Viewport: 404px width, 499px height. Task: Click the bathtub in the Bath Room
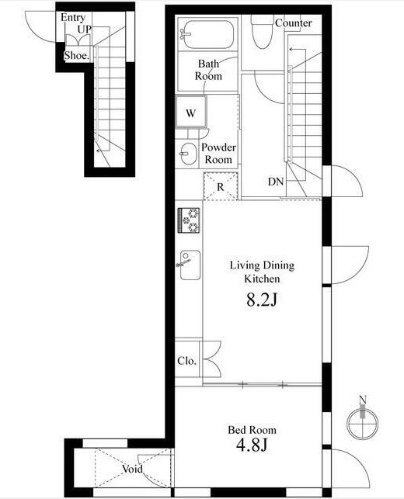207,34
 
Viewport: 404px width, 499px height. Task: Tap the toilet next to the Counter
263,32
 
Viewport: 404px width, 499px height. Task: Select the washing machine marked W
191,112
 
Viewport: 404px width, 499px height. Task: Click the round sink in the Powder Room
189,154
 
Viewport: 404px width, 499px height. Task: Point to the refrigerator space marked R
221,186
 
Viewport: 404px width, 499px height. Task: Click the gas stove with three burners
189,220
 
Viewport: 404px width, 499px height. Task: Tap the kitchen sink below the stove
190,265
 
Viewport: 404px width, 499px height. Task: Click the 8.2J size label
262,300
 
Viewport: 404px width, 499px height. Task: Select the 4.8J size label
252,445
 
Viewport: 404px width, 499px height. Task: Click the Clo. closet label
186,361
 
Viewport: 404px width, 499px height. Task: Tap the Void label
133,469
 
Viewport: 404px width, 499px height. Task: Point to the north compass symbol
363,421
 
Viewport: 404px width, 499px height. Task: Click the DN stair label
276,182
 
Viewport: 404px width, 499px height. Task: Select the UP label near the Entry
85,29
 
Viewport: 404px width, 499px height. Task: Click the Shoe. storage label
76,56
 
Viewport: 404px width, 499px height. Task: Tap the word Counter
294,23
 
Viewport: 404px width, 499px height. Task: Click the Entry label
73,18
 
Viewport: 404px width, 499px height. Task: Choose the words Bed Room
252,430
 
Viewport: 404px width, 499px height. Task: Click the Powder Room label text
218,154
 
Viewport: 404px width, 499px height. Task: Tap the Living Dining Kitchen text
263,272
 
